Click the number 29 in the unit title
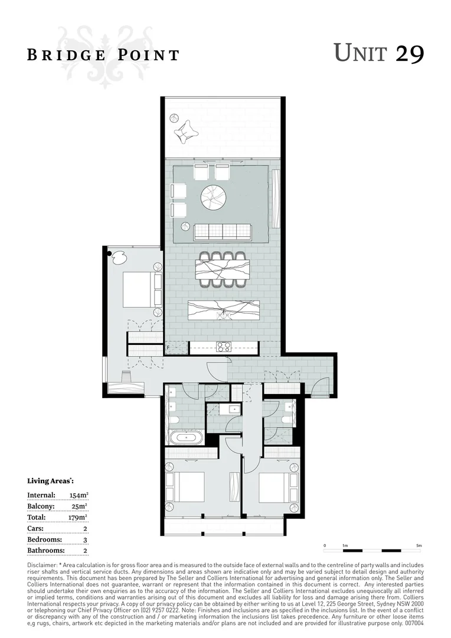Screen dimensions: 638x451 (x=409, y=54)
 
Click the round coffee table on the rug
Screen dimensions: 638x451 (x=214, y=197)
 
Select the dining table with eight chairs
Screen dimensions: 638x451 (x=223, y=269)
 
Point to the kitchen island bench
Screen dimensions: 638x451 (x=223, y=310)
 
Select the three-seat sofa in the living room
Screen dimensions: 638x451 (x=223, y=232)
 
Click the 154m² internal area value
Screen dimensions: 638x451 (x=79, y=495)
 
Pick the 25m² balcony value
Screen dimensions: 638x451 (x=80, y=506)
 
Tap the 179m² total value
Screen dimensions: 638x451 (x=79, y=517)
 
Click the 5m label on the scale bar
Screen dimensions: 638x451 (x=419, y=545)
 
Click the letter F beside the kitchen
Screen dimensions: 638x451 (x=168, y=348)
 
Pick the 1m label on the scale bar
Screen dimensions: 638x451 (x=344, y=545)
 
